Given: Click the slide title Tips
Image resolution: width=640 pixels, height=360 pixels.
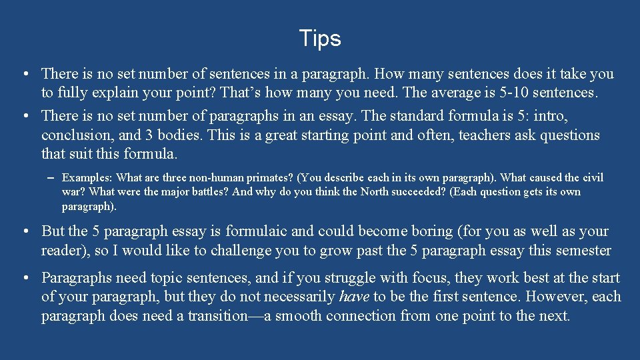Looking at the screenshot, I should [x=320, y=39].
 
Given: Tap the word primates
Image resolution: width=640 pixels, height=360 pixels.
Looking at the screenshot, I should [x=269, y=178].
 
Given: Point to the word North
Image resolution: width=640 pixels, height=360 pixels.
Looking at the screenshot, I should [x=375, y=192].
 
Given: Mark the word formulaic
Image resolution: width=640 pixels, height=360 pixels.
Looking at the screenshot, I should [x=257, y=231].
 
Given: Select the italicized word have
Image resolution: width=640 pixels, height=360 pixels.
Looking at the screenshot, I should [x=355, y=297].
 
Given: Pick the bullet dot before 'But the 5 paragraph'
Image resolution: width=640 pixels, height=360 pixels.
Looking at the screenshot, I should [x=23, y=231].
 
